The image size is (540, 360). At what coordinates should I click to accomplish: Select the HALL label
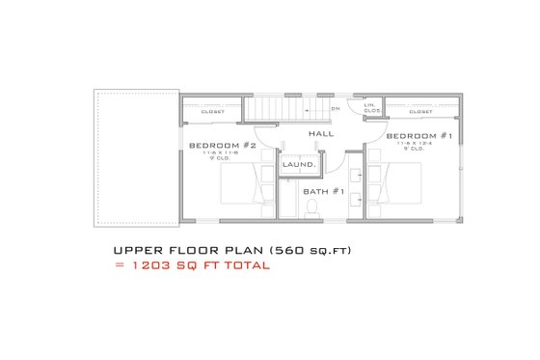pyautogui.click(x=321, y=133)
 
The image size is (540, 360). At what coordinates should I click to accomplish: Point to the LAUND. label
pyautogui.click(x=299, y=166)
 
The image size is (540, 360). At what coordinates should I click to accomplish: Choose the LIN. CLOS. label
pyautogui.click(x=370, y=108)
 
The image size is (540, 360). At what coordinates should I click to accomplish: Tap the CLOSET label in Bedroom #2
pyautogui.click(x=213, y=111)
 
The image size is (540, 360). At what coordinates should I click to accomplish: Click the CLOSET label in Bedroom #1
pyautogui.click(x=420, y=111)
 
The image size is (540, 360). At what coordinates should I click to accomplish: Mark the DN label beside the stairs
pyautogui.click(x=335, y=108)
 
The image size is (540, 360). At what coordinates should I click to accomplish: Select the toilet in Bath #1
pyautogui.click(x=287, y=207)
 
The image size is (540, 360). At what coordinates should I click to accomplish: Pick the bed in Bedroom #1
pyautogui.click(x=395, y=182)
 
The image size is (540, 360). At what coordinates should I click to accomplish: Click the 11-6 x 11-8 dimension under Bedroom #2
pyautogui.click(x=221, y=152)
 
